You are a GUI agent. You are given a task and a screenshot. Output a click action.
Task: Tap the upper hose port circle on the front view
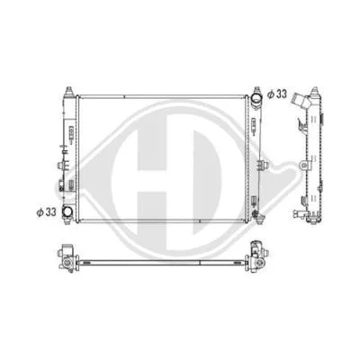coord(256,96)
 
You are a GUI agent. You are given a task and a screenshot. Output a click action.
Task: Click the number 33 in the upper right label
coord(283,93)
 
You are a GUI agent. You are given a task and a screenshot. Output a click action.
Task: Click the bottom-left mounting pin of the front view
coord(68,222)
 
